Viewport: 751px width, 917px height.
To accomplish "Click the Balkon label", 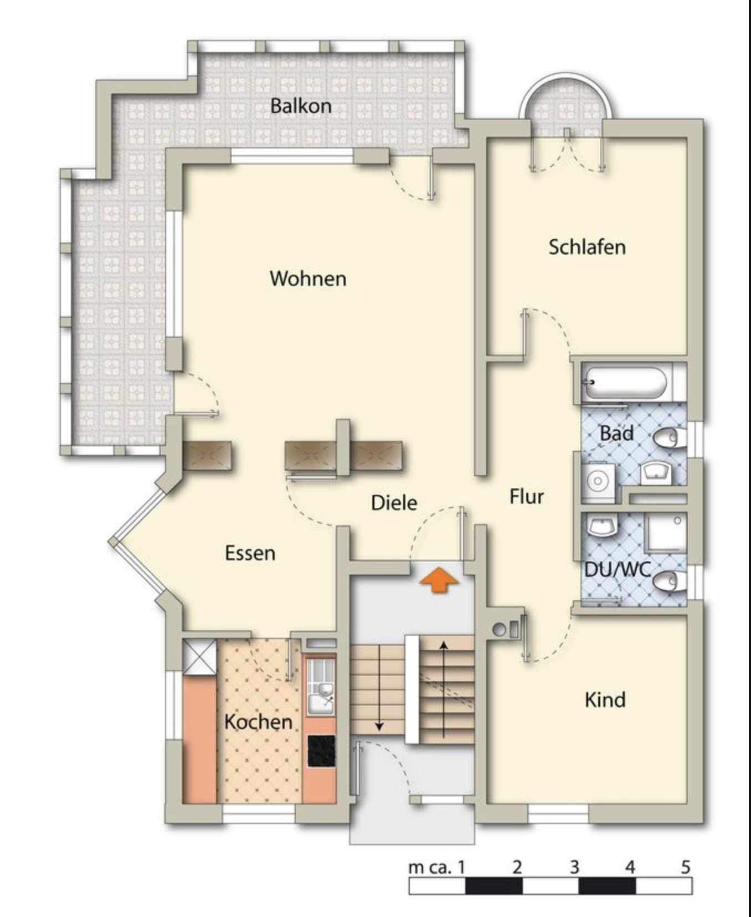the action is point(301,106).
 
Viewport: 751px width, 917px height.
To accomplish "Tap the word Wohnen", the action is point(308,278).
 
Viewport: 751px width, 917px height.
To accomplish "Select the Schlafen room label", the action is point(587,247).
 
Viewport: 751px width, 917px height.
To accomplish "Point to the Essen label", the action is point(250,553).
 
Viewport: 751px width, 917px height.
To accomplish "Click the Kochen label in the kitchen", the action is point(258,722).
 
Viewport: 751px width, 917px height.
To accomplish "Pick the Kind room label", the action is point(605,700).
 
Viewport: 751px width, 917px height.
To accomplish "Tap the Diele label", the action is point(394,503).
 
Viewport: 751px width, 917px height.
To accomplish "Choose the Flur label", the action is point(526,497).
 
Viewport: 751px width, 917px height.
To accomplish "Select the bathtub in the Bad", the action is point(625,382).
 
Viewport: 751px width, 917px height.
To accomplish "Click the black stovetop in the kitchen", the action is point(322,751).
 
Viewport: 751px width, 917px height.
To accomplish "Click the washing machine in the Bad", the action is point(598,481).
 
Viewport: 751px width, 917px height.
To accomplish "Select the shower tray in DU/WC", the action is point(667,532).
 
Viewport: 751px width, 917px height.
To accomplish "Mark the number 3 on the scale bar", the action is point(574,866).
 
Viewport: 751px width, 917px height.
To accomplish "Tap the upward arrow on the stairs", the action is point(444,689).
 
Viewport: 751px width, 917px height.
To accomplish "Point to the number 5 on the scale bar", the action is point(686,866).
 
